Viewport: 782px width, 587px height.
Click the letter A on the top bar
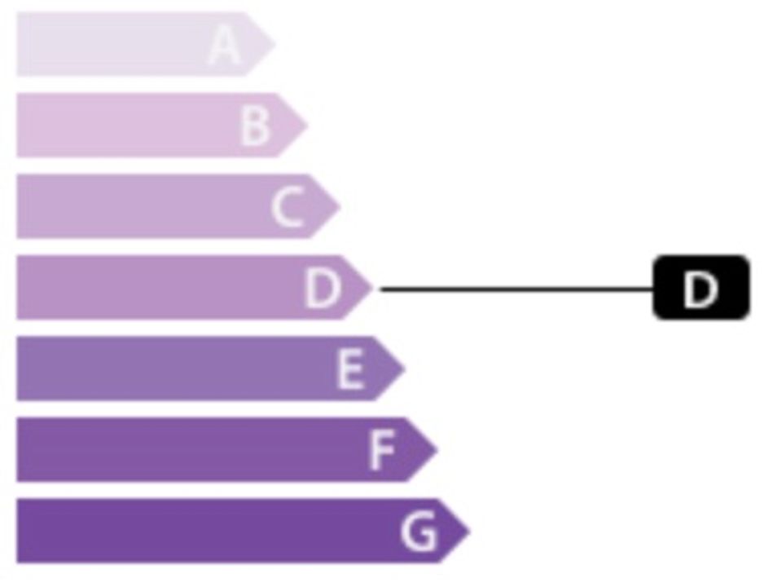click(225, 45)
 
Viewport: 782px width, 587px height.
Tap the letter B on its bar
click(255, 126)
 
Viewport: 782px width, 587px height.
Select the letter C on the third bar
click(288, 207)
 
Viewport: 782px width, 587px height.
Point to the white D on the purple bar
click(323, 289)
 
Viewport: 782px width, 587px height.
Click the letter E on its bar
click(350, 369)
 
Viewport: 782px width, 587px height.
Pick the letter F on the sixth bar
click(382, 450)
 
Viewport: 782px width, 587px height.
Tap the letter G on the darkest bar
click(420, 532)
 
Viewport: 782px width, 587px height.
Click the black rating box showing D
click(701, 288)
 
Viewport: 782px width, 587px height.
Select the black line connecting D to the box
click(517, 289)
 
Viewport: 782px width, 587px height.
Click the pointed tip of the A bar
click(275, 44)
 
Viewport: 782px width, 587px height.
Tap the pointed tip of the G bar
click(470, 531)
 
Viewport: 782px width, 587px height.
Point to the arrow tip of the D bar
click(372, 287)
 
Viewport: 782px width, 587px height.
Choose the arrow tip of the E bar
click(405, 369)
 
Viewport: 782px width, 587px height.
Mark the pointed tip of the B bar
click(308, 126)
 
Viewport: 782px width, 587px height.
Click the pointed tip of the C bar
click(340, 206)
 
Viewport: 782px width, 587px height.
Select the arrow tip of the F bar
click(437, 450)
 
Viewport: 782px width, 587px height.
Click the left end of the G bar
click(17, 531)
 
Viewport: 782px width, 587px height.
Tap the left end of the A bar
click(17, 44)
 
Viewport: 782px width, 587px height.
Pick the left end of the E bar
click(17, 369)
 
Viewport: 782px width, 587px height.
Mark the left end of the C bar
click(17, 206)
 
